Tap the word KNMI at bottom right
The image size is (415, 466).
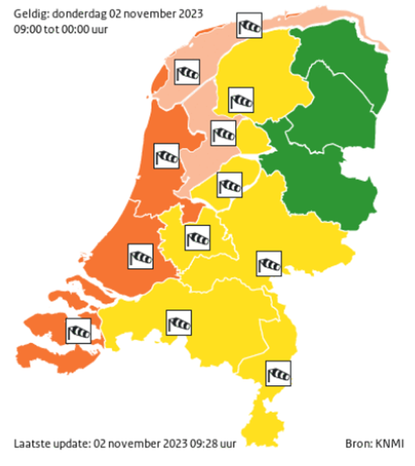pyautogui.click(x=391, y=443)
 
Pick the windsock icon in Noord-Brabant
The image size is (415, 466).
pyautogui.click(x=178, y=322)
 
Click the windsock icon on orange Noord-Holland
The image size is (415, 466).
pyautogui.click(x=167, y=156)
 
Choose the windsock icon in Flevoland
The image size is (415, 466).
pyautogui.click(x=230, y=185)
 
